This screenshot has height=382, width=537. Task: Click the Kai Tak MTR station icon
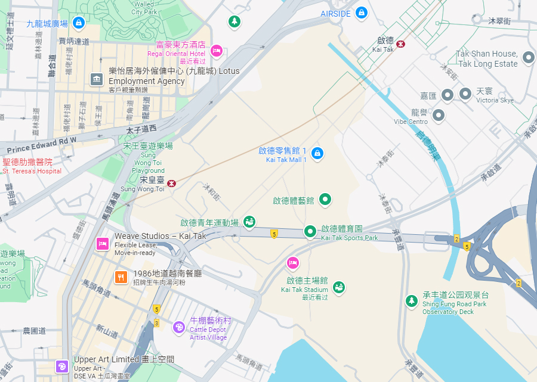[x=401, y=43]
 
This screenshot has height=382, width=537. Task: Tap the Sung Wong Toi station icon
[x=172, y=184]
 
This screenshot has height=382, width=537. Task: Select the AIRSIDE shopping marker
[x=361, y=13]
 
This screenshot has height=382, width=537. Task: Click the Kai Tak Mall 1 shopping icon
[x=317, y=153]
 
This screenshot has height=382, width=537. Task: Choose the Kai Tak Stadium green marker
[x=339, y=287]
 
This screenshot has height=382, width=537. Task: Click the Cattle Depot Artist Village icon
[x=178, y=327]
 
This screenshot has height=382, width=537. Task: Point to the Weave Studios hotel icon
[x=102, y=243]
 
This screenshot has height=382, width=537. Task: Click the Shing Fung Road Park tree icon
[x=411, y=301]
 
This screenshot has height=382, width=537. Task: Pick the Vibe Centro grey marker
[x=439, y=115]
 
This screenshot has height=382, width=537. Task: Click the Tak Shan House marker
[x=528, y=58]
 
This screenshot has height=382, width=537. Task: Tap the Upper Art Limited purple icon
[x=61, y=367]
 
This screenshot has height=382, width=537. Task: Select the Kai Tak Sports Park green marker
[x=310, y=231]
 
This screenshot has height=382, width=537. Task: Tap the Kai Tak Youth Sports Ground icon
[x=249, y=222]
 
